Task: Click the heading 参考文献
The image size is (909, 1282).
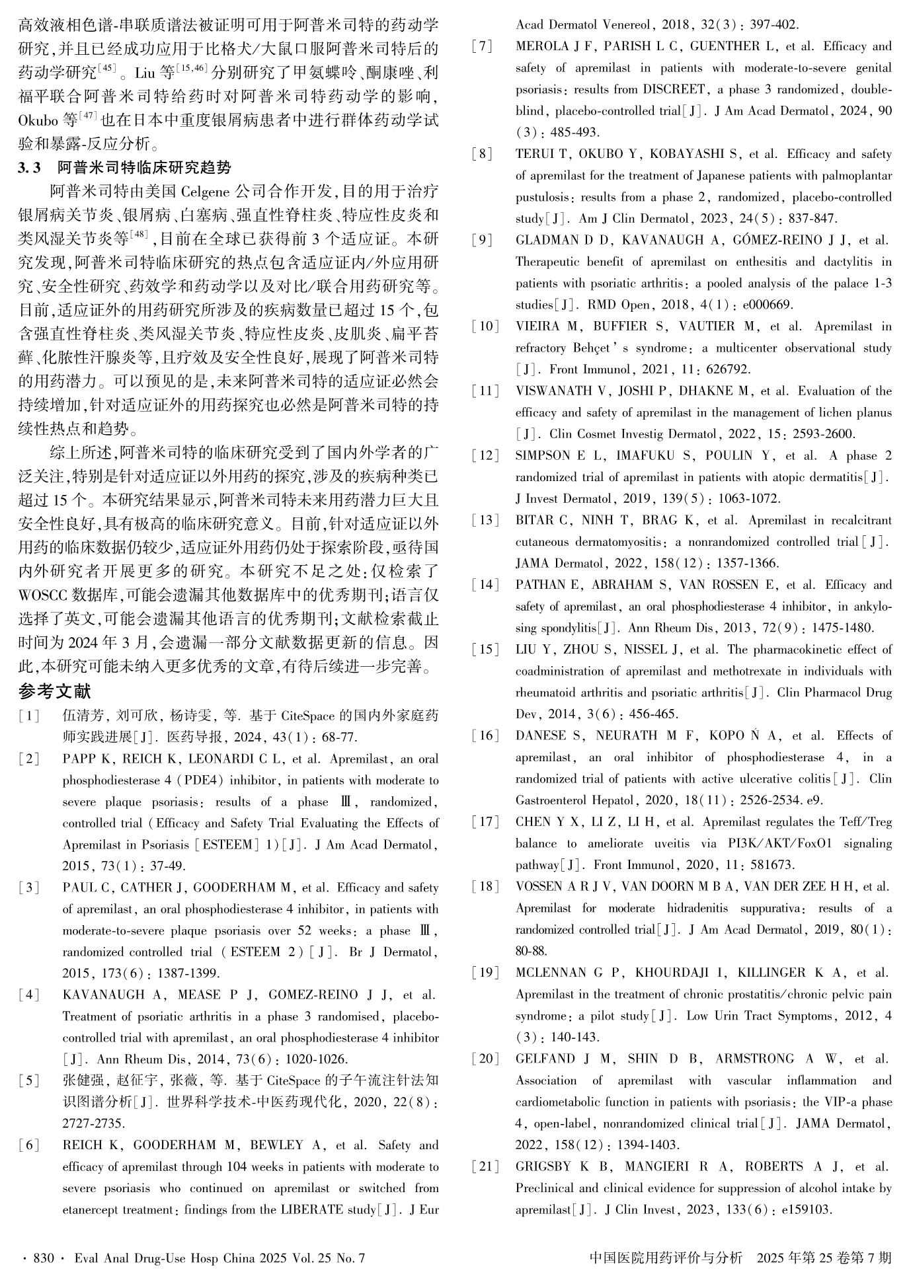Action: pyautogui.click(x=54, y=692)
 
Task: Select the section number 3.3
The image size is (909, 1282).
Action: pyautogui.click(x=30, y=169)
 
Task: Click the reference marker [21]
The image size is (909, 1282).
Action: pyautogui.click(x=486, y=1166)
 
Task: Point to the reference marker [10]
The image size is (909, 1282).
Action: pyautogui.click(x=486, y=326)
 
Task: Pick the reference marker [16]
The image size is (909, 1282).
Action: pyautogui.click(x=486, y=735)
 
